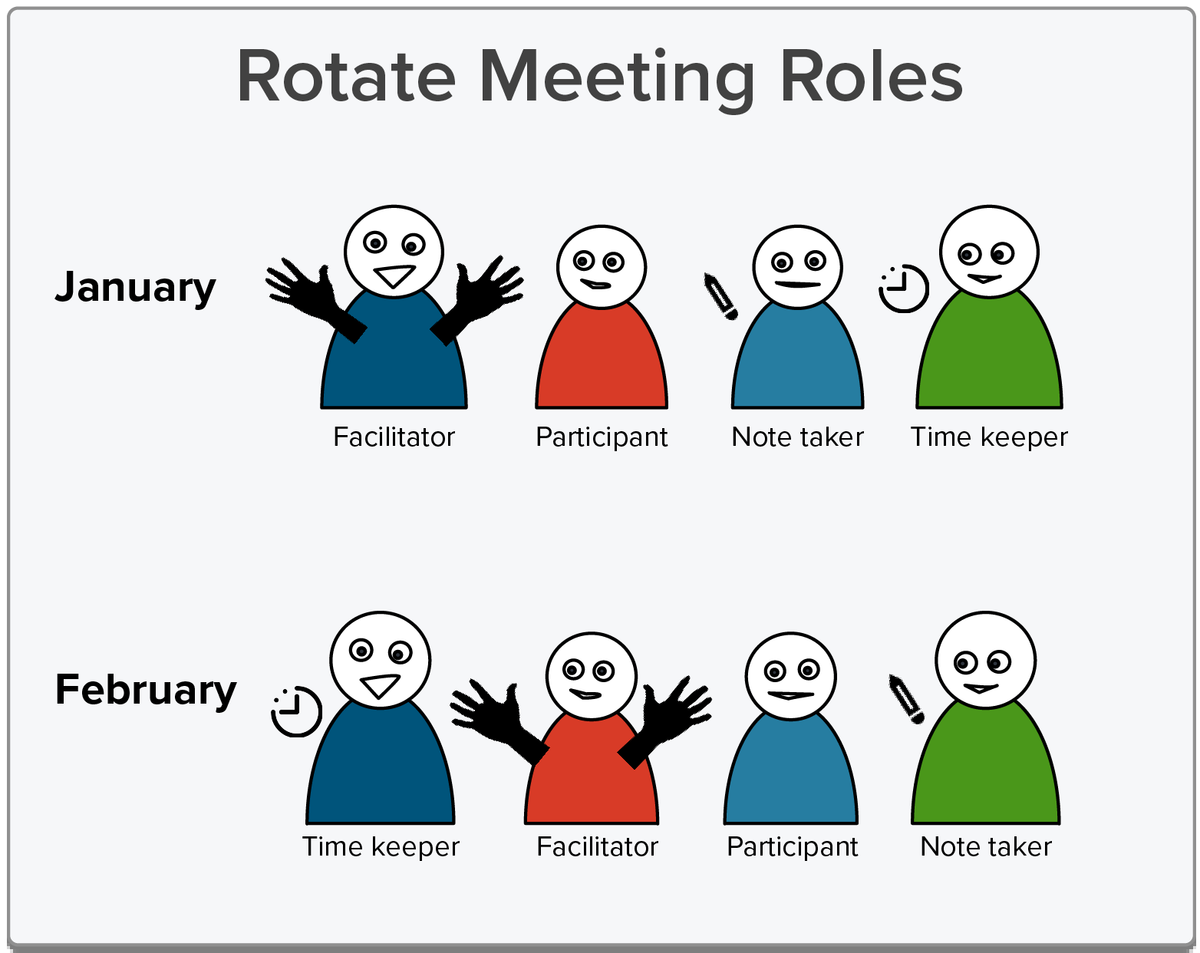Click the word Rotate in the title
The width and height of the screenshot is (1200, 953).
pos(346,76)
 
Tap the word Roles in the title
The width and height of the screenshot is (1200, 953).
pos(871,76)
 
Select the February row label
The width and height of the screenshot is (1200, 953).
pos(146,691)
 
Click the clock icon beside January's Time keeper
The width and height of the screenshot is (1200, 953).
pos(903,289)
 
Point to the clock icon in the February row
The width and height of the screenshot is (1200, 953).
pos(296,711)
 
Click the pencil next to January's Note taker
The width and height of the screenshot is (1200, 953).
pos(720,296)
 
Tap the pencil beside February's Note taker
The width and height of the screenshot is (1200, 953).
pos(906,699)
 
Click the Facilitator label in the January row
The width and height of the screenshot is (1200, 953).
pos(394,437)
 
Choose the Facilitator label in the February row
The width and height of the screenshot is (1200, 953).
pos(597,846)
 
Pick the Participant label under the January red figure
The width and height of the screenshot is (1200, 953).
pos(602,437)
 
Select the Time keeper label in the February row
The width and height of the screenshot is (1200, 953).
pos(381,848)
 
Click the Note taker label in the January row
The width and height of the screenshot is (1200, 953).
pos(797,437)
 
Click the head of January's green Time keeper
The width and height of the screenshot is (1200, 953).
pos(989,252)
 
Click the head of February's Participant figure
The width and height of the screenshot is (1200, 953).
pos(791,677)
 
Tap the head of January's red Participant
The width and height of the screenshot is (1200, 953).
pos(602,266)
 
